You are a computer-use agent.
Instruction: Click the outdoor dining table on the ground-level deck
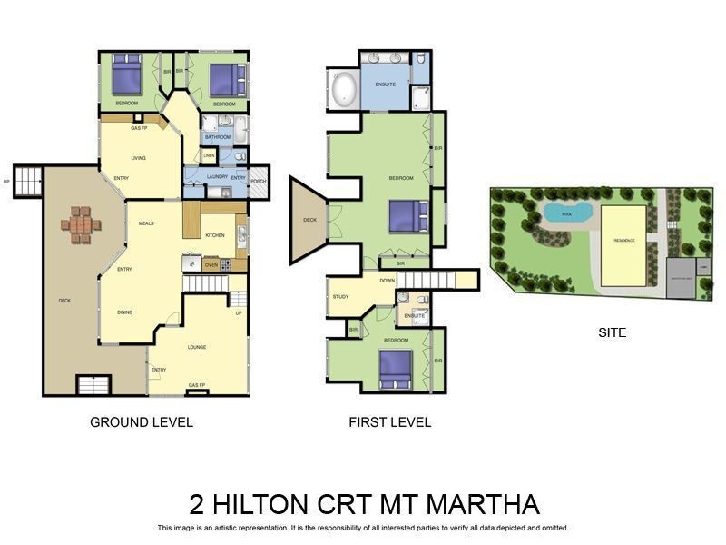coord(81,224)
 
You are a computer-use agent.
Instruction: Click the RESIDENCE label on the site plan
coord(623,240)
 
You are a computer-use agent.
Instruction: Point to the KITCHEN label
coord(214,235)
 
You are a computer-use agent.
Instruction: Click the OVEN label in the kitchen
coord(211,264)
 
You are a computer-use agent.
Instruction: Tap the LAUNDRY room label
coord(217,176)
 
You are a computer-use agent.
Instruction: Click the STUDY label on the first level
coord(340,296)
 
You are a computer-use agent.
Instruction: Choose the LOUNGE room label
coord(197,347)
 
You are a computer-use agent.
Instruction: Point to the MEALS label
coord(146,223)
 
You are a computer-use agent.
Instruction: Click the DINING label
coord(125,312)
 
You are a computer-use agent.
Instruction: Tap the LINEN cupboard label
coord(209,156)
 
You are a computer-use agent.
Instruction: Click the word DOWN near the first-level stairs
coord(388,281)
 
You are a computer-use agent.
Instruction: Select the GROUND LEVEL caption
coord(141,422)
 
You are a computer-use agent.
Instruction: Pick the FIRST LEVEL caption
coord(389,422)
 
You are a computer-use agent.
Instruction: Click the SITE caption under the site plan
coord(612,333)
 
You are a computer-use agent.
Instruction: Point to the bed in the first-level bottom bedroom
coord(396,368)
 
